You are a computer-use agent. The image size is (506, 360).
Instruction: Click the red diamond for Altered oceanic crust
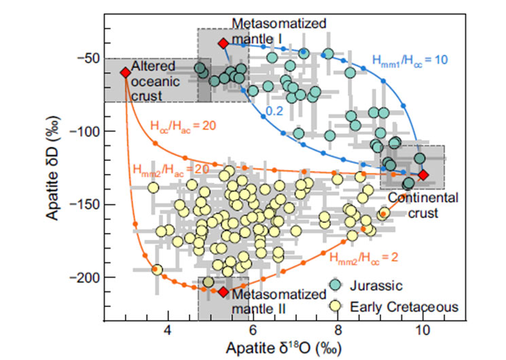125,72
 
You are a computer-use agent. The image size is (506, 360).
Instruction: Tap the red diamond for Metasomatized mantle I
223,43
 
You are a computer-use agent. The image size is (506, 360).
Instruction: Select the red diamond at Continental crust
423,175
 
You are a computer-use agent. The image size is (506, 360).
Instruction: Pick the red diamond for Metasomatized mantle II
223,291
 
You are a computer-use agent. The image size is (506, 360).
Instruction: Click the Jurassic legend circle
338,286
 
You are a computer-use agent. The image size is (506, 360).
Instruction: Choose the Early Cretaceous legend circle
338,306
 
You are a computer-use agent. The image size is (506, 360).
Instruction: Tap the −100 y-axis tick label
85,131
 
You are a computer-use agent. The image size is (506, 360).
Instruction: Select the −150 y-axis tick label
85,204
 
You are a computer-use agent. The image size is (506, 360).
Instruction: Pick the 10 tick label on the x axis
422,329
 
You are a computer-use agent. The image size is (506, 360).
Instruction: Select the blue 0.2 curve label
274,111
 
